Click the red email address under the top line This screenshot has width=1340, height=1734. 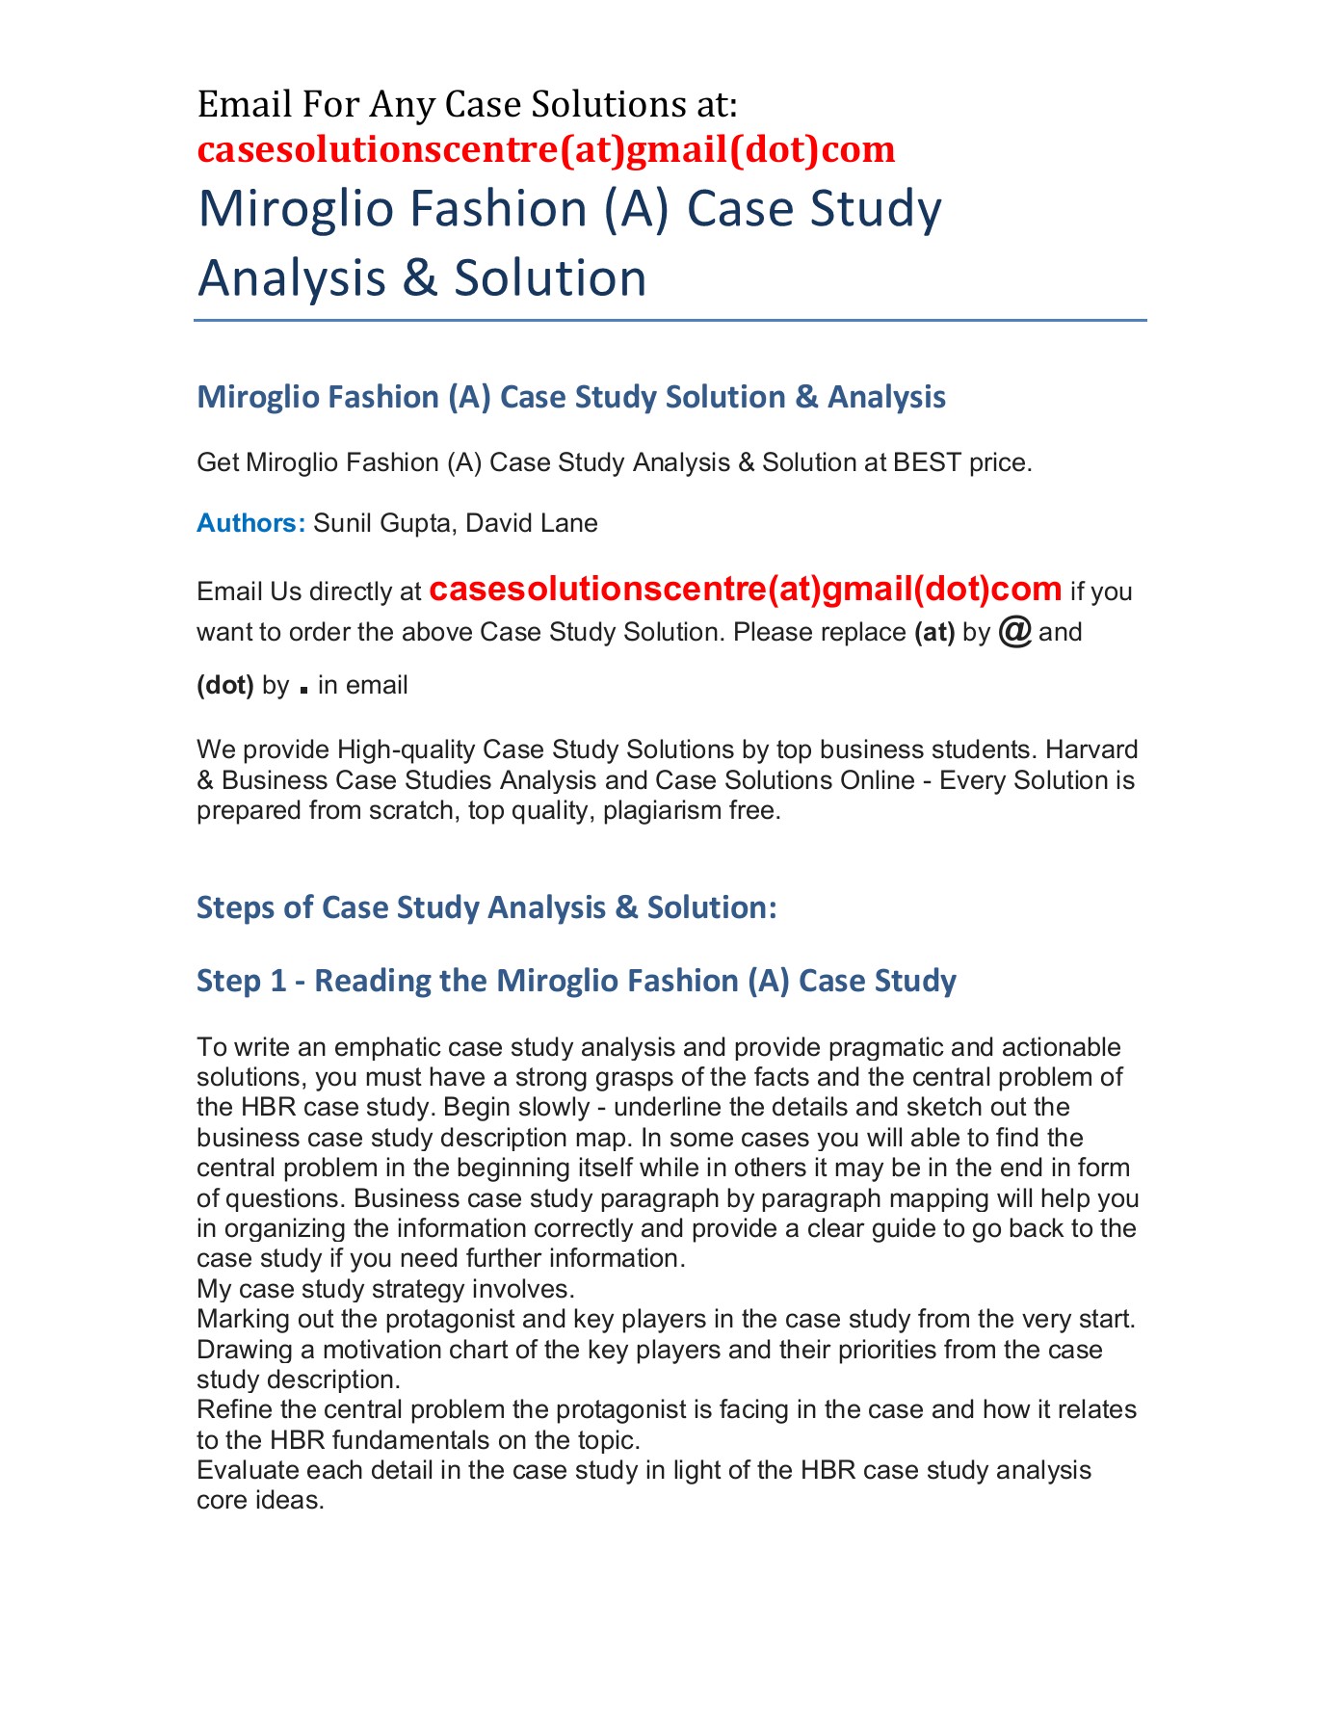coord(545,149)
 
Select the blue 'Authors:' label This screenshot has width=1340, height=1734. coord(250,523)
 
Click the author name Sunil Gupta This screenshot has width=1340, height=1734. coord(381,523)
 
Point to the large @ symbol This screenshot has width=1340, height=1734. coord(1015,631)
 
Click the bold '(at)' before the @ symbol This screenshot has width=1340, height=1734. coord(933,633)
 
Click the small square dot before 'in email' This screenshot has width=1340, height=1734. coord(304,690)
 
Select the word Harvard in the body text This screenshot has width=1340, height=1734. coord(1091,749)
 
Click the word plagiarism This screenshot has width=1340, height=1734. coord(661,810)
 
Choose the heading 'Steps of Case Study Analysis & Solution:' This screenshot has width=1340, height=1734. coord(486,907)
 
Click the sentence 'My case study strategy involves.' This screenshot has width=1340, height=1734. coord(385,1289)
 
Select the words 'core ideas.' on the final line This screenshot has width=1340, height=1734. coord(260,1500)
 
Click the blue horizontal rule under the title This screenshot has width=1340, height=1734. coord(670,320)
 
